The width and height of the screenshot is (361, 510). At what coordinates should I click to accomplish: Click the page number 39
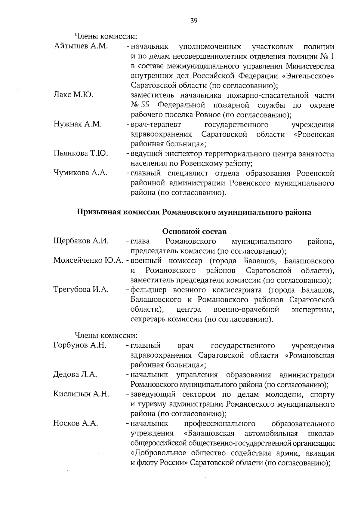(194, 21)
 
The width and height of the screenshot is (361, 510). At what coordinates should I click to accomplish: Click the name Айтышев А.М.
(81, 47)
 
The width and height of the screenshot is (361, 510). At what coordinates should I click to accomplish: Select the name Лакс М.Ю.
(74, 95)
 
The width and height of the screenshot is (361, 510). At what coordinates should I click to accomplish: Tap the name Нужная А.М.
(78, 124)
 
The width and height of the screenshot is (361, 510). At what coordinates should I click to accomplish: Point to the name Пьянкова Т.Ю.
(81, 154)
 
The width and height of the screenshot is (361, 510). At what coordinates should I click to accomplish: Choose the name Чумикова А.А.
(81, 173)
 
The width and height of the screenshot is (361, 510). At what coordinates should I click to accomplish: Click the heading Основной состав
(194, 232)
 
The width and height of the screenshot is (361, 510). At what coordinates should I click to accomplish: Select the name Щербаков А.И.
(81, 241)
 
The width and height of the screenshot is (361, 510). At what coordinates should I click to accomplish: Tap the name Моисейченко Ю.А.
(88, 261)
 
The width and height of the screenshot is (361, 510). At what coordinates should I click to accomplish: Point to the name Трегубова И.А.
(81, 290)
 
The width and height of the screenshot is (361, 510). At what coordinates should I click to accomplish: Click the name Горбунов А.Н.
(80, 345)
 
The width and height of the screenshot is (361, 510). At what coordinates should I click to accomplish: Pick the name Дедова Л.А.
(75, 374)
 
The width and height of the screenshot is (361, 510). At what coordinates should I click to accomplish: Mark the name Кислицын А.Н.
(81, 394)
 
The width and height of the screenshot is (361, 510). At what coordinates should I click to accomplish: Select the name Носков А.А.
(76, 423)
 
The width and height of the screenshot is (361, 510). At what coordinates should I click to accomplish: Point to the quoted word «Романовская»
(310, 355)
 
